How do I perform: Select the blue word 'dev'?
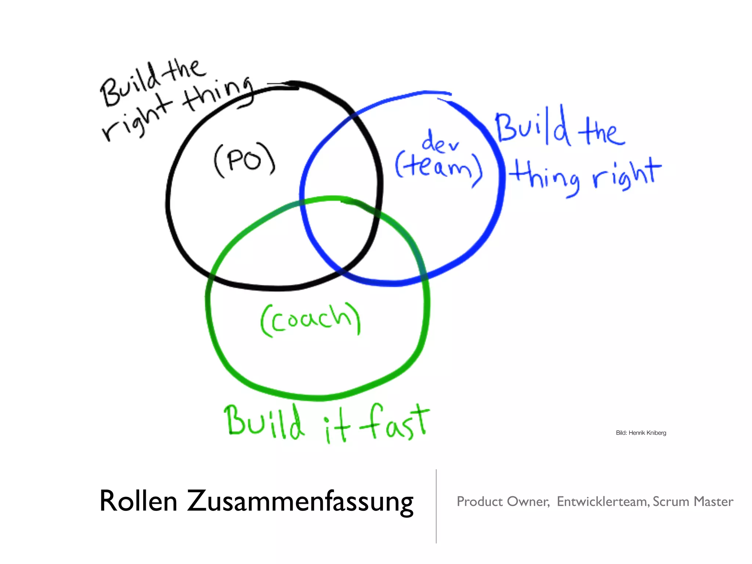click(440, 141)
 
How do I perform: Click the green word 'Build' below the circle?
click(264, 422)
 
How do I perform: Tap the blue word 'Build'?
click(532, 127)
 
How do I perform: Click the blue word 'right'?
click(626, 174)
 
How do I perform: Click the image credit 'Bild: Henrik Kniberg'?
click(641, 433)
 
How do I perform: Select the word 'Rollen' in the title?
click(138, 501)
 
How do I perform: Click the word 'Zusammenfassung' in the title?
click(300, 502)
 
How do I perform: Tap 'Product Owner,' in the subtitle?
click(503, 502)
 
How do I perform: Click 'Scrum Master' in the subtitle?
click(693, 502)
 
